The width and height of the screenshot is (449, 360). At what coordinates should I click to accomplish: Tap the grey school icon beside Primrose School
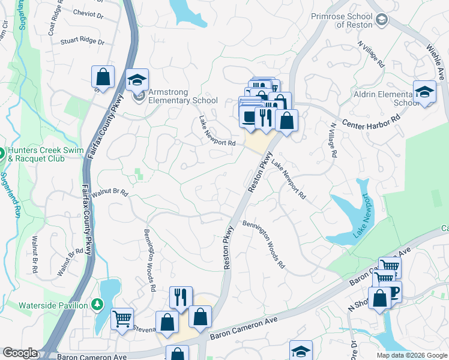pos(381,21)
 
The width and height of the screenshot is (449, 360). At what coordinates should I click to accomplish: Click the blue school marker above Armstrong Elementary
pos(137,80)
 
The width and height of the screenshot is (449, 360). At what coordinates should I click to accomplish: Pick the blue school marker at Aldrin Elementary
pos(424,92)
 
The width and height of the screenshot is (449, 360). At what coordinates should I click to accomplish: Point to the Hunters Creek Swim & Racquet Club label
pos(41,155)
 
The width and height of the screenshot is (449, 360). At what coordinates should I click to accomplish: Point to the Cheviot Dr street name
pos(89,12)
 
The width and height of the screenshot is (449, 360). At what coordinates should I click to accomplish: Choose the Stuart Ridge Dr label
pos(82,43)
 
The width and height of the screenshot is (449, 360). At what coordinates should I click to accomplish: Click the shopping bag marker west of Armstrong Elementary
pos(103,77)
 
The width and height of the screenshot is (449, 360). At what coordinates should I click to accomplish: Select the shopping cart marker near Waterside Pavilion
pos(122,319)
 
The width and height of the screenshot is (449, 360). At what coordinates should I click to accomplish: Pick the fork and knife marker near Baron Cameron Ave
pos(180,296)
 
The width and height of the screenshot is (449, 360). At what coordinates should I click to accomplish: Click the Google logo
pos(19,353)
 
